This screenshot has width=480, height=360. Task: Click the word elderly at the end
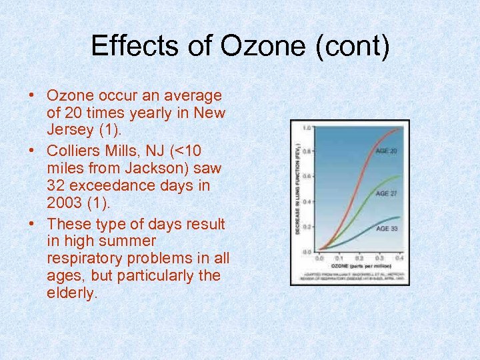pyautogui.click(x=72, y=292)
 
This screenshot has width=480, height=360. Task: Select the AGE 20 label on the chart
pyautogui.click(x=387, y=151)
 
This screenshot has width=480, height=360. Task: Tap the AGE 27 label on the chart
pyautogui.click(x=387, y=193)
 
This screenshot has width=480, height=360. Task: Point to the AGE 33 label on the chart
pyautogui.click(x=387, y=229)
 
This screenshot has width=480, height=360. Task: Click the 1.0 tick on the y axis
pyautogui.click(x=307, y=127)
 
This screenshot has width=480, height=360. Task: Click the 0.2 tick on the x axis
pyautogui.click(x=359, y=257)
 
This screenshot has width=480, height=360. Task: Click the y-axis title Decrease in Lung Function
pyautogui.click(x=297, y=190)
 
